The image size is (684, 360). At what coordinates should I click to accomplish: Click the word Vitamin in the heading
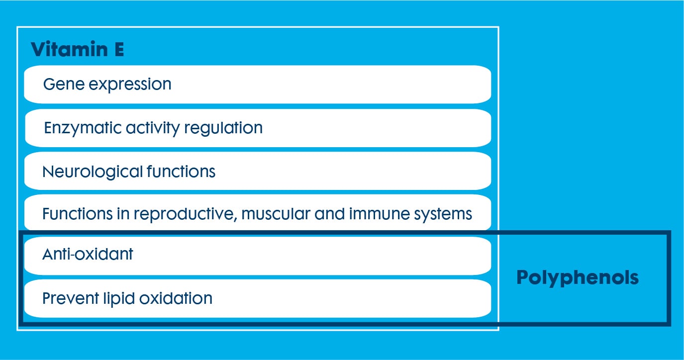[x=69, y=49]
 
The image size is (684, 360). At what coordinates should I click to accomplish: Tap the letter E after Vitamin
[x=119, y=49]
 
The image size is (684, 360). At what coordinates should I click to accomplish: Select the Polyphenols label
[x=578, y=278]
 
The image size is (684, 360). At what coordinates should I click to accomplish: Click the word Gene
[x=64, y=84]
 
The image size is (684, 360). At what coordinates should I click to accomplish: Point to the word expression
[x=130, y=85]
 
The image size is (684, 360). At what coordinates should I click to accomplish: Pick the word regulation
[x=223, y=128]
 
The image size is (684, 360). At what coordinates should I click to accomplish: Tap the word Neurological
[x=93, y=172]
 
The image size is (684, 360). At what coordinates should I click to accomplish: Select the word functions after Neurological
[x=181, y=171]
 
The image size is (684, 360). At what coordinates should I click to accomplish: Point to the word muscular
[x=276, y=214]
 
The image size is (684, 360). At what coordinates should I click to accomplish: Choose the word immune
[x=379, y=214]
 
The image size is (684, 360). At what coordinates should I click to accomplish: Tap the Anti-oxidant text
[x=88, y=254]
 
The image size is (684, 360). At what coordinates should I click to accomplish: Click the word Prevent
[x=71, y=298]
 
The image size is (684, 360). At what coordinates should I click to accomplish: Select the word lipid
[x=119, y=299]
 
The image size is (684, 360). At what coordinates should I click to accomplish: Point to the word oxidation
[x=176, y=298]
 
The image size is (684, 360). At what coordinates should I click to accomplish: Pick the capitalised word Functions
[x=78, y=214]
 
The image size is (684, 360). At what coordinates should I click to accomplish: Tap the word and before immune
[x=329, y=214]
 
